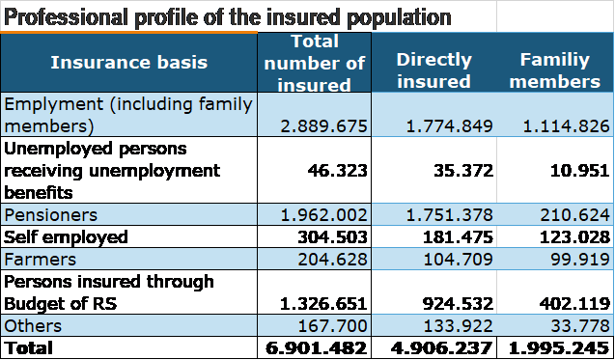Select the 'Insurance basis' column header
(x=128, y=63)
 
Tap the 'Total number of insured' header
(x=315, y=63)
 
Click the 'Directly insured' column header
(x=433, y=70)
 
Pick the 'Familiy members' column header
(x=555, y=70)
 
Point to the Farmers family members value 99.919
(x=575, y=260)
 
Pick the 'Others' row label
(x=33, y=325)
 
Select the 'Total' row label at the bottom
(x=30, y=347)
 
